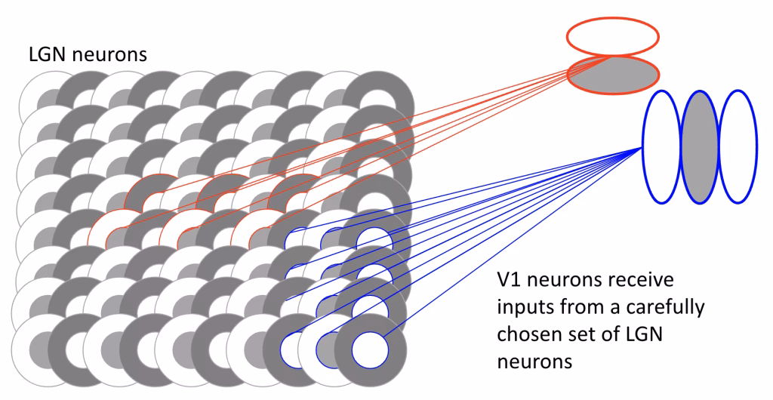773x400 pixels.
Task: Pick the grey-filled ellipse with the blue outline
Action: click(x=700, y=146)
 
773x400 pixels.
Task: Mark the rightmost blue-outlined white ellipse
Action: click(x=738, y=146)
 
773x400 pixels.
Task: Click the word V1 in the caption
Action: click(x=511, y=282)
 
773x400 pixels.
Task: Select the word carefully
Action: click(x=667, y=308)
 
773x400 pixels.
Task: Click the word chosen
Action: click(x=528, y=334)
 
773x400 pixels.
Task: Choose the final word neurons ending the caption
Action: click(x=535, y=361)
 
